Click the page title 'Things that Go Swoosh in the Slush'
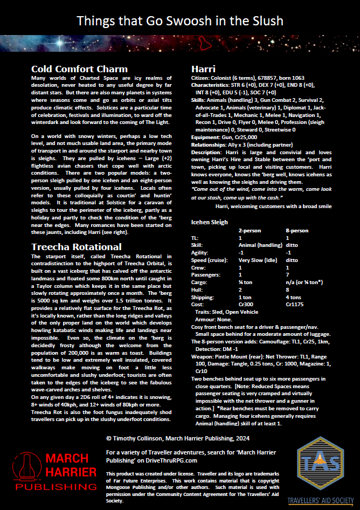(180, 21)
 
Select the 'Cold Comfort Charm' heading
(79, 69)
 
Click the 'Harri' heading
(204, 69)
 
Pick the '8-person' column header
(297, 230)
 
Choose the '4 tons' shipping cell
(294, 298)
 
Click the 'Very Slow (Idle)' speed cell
(261, 260)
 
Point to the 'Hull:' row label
(197, 290)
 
